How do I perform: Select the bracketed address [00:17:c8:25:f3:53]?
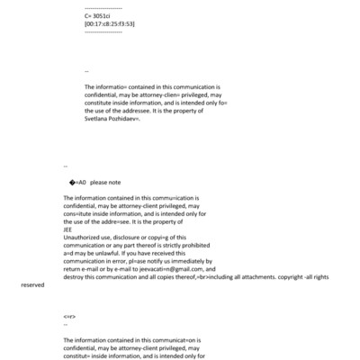coord(109,23)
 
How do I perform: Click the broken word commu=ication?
coord(171,197)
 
